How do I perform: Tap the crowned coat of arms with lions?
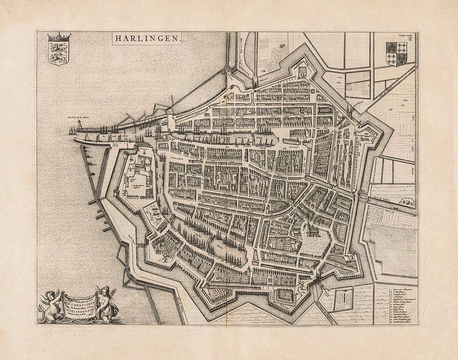tap(59, 50)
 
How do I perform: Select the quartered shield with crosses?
tap(396, 53)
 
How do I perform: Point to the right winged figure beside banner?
tap(108, 302)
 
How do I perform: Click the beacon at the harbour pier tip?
tap(71, 128)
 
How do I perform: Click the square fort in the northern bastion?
tap(302, 71)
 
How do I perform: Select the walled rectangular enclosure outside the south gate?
tap(342, 298)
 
